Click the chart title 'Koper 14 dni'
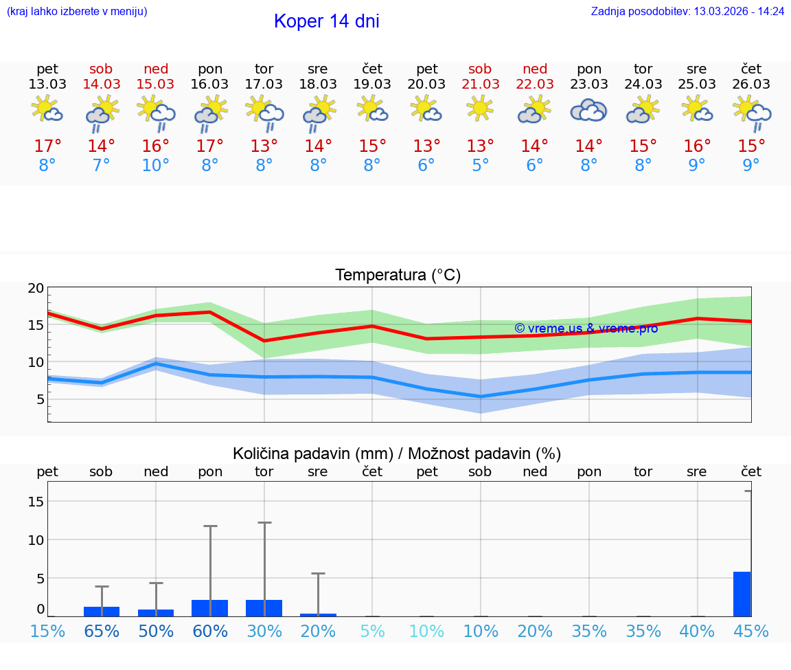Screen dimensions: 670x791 (x=326, y=21)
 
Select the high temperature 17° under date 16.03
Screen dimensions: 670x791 (x=209, y=146)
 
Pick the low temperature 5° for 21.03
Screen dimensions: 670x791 (x=480, y=166)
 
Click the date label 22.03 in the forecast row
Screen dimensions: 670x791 (x=535, y=85)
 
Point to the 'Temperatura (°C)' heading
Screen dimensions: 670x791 (x=398, y=276)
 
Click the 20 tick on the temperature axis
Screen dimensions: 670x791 (x=36, y=289)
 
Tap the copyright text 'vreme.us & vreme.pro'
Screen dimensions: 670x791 (x=586, y=328)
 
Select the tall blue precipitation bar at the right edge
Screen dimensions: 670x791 (x=742, y=594)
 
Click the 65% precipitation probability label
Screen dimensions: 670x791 (x=102, y=632)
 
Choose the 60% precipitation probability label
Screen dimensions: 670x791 (x=209, y=632)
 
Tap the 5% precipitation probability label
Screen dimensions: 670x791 (x=372, y=632)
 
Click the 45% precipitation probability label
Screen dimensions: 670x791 (x=751, y=632)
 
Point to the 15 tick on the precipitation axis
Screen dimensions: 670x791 (x=36, y=502)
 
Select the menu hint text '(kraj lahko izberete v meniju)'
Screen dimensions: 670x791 (x=77, y=12)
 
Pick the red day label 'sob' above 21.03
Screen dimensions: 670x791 (x=480, y=69)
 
